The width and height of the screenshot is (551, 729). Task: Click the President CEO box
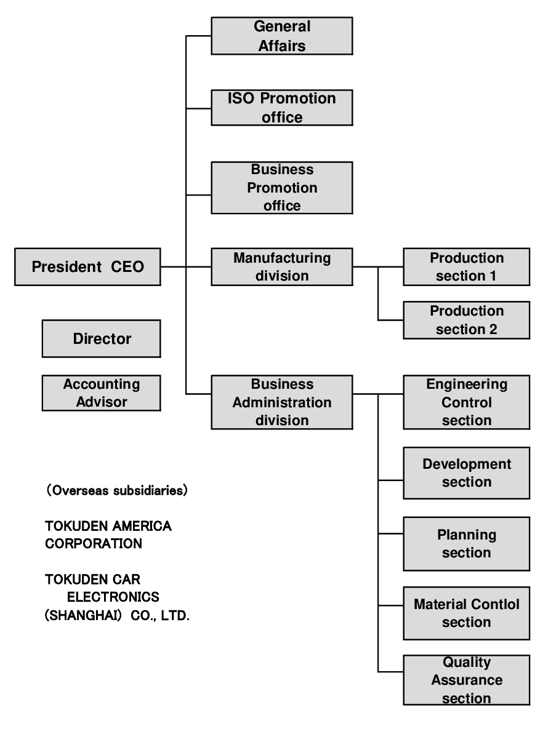(x=87, y=267)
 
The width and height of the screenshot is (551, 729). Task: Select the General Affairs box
(x=282, y=36)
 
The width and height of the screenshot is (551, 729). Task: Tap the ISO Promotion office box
(x=282, y=108)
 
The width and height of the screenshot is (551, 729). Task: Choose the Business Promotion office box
(x=282, y=188)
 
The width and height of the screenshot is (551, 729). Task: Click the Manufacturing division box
(x=282, y=267)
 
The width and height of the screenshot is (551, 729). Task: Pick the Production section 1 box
(x=466, y=267)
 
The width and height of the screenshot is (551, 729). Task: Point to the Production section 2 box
(x=466, y=320)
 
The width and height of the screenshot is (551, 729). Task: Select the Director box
(x=101, y=338)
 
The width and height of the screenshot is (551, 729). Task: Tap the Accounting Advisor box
(x=101, y=393)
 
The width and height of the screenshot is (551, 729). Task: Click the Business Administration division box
(x=282, y=402)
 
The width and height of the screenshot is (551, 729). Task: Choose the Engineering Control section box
(x=466, y=402)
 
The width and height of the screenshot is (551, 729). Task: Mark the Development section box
(x=466, y=472)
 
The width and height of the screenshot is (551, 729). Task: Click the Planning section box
(x=466, y=544)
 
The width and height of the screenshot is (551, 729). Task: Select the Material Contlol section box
(x=466, y=613)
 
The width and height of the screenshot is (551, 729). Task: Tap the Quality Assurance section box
(x=466, y=680)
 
